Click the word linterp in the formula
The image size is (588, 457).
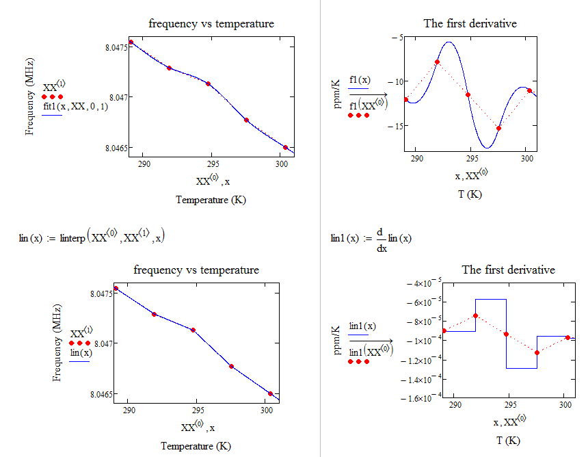coord(73,238)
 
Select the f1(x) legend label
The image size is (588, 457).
coord(359,80)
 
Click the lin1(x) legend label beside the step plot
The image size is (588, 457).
coord(362,326)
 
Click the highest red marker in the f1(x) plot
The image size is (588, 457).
coord(437,62)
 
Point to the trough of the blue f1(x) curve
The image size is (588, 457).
coord(487,147)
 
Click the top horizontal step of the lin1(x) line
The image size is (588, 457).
coord(490,299)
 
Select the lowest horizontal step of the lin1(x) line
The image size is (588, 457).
coord(521,368)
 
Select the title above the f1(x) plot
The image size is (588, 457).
coord(470,24)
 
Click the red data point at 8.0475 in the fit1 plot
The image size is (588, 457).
coord(131,42)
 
